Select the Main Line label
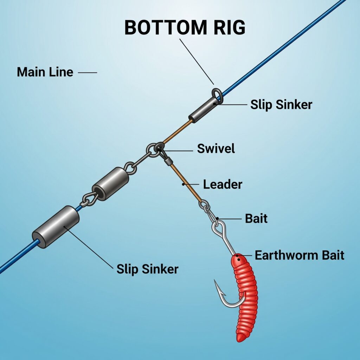[45, 72]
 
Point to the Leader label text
[223, 184]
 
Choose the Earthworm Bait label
[299, 255]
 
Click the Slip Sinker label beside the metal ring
[281, 104]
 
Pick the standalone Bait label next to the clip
[256, 218]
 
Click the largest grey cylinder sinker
[56, 227]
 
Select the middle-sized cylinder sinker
[110, 184]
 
